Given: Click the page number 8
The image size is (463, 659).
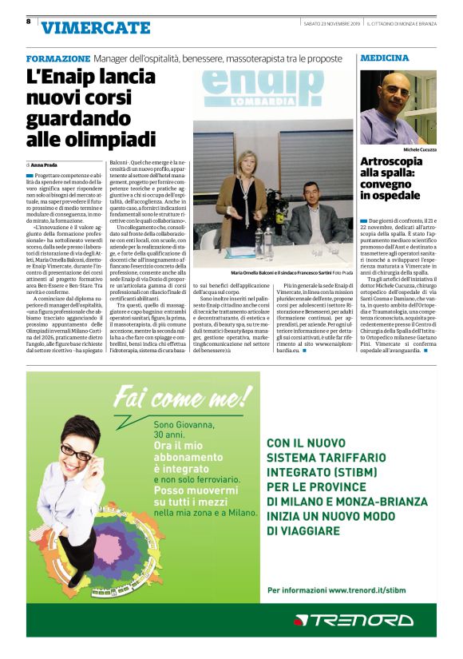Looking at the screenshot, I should click(29, 22).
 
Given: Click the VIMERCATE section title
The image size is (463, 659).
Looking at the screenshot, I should click(95, 28).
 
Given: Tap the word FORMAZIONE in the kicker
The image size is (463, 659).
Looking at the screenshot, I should click(57, 59).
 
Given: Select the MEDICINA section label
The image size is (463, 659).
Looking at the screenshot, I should click(385, 58).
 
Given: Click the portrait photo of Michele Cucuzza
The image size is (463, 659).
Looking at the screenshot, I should click(398, 106).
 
